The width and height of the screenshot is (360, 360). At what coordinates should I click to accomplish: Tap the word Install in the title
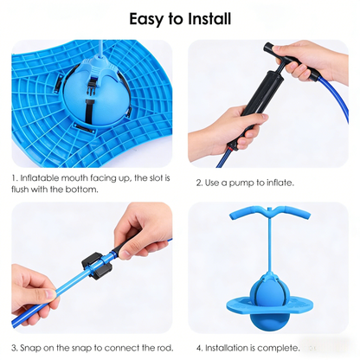(209, 18)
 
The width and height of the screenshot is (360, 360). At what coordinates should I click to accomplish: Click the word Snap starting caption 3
(31, 347)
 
